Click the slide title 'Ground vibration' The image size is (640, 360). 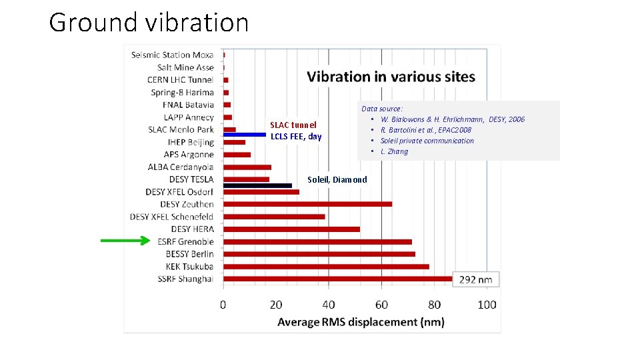(x=149, y=23)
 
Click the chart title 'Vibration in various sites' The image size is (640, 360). (x=391, y=77)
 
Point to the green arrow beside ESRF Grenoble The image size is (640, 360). (x=126, y=241)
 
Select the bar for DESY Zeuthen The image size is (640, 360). (x=307, y=204)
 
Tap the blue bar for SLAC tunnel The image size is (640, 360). (x=244, y=135)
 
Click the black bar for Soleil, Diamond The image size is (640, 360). (x=257, y=185)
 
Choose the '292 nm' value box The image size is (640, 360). (x=476, y=279)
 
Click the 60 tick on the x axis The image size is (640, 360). (x=381, y=305)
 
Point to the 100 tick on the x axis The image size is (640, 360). (x=487, y=305)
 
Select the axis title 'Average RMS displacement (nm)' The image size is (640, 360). (x=361, y=322)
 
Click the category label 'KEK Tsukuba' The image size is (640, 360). (x=185, y=267)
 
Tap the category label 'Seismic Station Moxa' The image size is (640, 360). (x=172, y=55)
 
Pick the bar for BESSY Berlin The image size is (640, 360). (x=319, y=254)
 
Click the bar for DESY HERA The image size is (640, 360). (x=291, y=229)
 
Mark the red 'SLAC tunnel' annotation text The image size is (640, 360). (x=293, y=125)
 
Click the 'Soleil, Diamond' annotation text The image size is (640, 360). (x=337, y=179)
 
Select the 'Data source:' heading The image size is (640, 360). (x=382, y=109)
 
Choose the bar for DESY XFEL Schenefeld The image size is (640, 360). (x=274, y=217)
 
